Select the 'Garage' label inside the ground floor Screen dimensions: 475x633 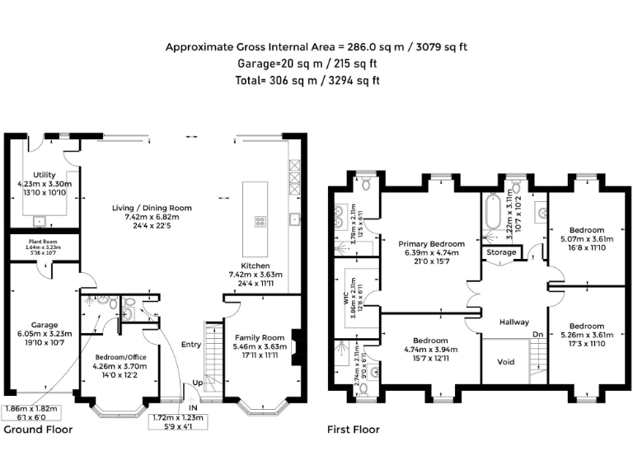[45, 325]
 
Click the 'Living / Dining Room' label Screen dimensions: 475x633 [152, 208]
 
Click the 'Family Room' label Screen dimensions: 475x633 [260, 337]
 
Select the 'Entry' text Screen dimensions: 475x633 [191, 345]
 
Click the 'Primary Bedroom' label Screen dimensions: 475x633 [431, 244]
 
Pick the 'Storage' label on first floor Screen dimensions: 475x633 [501, 252]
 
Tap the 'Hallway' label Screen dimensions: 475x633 [513, 322]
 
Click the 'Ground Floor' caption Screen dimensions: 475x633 [38, 430]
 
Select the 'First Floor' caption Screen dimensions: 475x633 [354, 430]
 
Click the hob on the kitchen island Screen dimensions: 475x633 [260, 220]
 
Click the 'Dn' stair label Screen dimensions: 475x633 [537, 334]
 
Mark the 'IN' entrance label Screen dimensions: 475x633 [192, 407]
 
